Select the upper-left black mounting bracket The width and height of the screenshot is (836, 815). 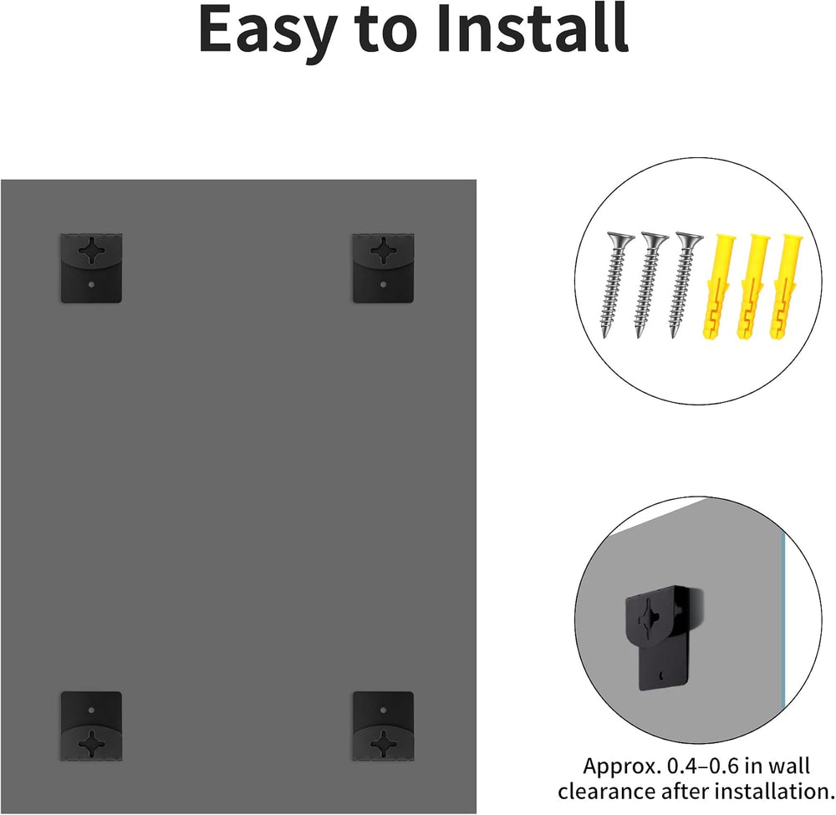[91, 267]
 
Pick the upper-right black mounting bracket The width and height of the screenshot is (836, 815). [383, 267]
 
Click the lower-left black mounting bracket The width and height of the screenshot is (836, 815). [91, 726]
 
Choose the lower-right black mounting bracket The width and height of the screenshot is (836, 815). [383, 726]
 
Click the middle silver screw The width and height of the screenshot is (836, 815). [650, 285]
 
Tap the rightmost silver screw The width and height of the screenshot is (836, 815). [684, 285]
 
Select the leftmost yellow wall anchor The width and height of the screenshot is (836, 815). [716, 286]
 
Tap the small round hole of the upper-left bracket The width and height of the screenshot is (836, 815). [91, 285]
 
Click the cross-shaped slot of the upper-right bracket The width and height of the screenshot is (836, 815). [383, 250]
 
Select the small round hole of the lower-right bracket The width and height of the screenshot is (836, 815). [383, 710]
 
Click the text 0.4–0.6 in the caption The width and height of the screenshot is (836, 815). [703, 766]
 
